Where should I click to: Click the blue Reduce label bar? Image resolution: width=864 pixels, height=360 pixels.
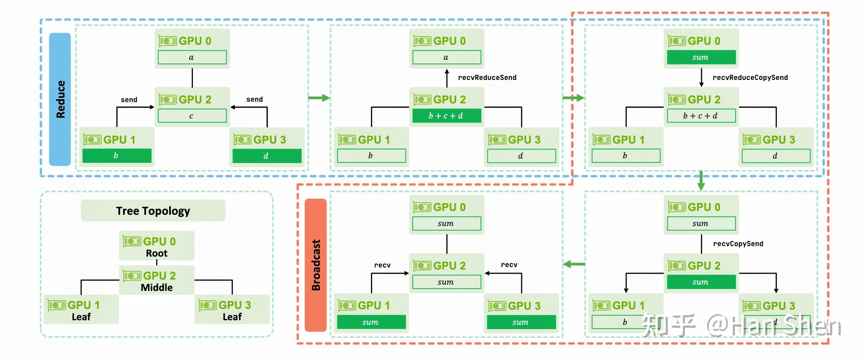point(60,99)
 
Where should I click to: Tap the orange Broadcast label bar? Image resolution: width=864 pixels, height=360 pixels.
point(316,265)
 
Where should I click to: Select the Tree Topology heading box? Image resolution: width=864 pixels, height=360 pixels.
point(153,211)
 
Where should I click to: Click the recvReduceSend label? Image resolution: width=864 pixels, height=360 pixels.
point(487,77)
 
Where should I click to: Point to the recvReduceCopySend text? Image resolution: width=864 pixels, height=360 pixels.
point(750,77)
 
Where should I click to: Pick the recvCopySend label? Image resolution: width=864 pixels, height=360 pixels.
point(738,244)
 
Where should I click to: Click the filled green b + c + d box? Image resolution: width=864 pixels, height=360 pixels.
point(446,116)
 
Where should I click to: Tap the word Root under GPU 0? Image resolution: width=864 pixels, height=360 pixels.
point(157,253)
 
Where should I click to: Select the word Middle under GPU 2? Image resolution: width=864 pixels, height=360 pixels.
point(157,288)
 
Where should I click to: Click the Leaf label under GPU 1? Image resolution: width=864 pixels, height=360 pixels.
point(81,317)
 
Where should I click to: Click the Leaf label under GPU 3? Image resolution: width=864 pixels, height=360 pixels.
point(232,317)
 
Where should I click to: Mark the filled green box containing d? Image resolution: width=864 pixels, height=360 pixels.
point(267,156)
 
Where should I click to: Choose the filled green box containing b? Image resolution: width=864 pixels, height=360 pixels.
point(117,156)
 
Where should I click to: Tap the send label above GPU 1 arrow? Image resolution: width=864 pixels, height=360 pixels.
point(129,100)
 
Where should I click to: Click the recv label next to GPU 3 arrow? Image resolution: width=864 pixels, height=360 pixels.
point(509,265)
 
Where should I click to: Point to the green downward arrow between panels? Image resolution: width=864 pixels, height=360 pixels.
point(701,180)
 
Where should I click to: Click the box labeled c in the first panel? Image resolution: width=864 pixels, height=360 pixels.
point(192,116)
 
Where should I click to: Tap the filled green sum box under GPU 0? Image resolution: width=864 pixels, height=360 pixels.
point(701,57)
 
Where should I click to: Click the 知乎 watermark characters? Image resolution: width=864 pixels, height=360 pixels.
point(669,325)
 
